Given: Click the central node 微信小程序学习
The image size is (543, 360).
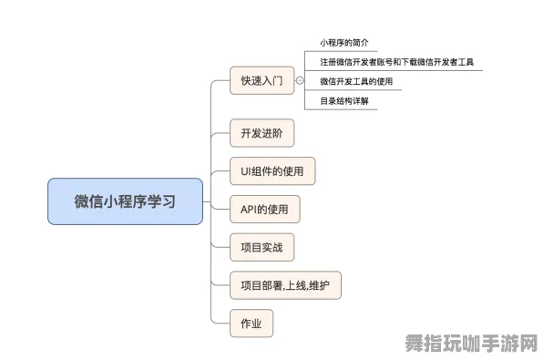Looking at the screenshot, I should click(x=125, y=201).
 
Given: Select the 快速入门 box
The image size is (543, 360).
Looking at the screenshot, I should click(x=261, y=81).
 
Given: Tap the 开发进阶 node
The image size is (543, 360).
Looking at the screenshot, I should click(x=261, y=133).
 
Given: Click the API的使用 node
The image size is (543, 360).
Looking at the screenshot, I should click(x=264, y=209).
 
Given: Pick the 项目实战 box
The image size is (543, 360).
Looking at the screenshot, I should click(x=261, y=247).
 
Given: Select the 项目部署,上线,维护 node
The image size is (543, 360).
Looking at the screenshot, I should click(x=285, y=285).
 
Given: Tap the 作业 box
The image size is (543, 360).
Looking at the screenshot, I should click(x=251, y=324).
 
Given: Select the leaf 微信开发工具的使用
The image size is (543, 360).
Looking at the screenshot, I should click(x=356, y=81).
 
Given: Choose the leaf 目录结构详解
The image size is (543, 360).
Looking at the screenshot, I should click(x=343, y=101).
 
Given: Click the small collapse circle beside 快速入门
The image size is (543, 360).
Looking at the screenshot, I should click(x=300, y=81).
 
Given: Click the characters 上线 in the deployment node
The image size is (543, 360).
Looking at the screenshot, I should click(x=295, y=285).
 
